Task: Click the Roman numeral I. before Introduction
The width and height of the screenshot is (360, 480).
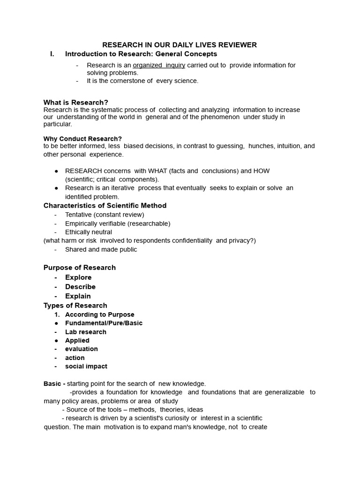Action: [52, 54]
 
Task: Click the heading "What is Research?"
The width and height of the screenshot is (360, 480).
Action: [76, 102]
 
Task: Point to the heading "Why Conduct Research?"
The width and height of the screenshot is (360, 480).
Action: [82, 139]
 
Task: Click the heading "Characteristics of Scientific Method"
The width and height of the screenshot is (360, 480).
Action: [105, 205]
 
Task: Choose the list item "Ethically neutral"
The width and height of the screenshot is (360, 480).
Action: [89, 232]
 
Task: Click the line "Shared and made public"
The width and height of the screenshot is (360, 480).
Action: [101, 249]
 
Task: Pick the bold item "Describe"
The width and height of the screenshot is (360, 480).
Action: [80, 286]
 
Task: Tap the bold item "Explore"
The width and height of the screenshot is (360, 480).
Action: [78, 277]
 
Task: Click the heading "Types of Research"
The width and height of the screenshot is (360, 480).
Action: [75, 305]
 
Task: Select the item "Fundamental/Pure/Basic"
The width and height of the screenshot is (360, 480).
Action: [104, 323]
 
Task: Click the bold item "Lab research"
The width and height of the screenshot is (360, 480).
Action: [86, 332]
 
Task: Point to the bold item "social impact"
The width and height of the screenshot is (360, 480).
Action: [86, 366]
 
